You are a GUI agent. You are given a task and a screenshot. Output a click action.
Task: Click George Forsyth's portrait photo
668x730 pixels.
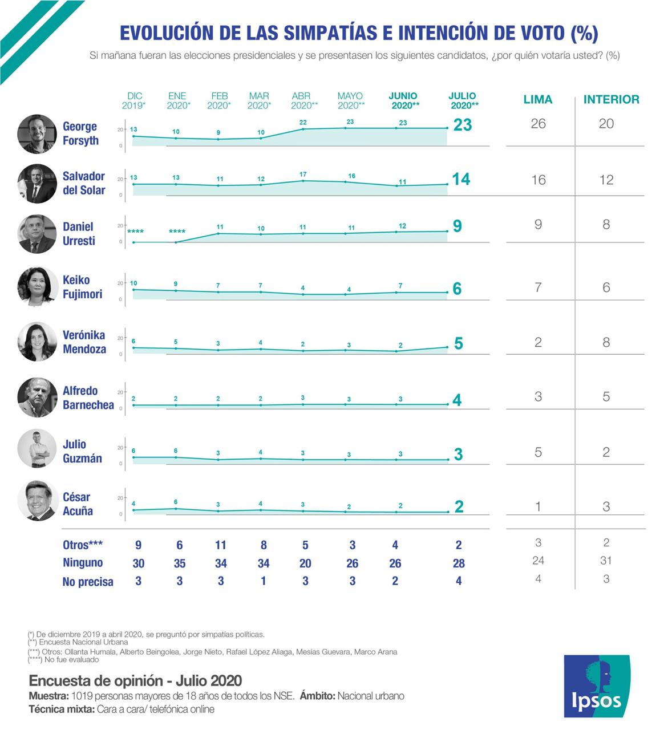38,133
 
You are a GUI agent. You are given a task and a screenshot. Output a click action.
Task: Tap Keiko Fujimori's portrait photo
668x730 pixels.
38,287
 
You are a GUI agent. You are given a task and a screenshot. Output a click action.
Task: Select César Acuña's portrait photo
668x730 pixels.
38,501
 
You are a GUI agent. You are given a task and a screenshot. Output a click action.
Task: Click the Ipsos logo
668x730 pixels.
597,686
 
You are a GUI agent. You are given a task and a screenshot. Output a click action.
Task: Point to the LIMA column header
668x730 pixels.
538,100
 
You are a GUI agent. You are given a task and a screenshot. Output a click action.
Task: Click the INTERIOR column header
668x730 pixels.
611,100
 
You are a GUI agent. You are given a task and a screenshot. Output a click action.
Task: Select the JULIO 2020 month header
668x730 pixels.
463,100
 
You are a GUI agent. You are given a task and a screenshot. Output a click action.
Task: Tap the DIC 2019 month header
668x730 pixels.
135,100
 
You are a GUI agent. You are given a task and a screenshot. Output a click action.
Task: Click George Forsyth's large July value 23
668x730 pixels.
462,125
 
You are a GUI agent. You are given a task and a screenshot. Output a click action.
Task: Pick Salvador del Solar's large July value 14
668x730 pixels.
461,179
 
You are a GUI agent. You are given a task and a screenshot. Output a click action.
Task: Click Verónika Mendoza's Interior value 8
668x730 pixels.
606,342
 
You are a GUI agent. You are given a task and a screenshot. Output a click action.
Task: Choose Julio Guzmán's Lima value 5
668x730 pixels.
538,452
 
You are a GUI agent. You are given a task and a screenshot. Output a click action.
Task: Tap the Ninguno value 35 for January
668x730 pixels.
180,563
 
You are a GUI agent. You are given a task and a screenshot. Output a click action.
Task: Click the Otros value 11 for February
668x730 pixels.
221,545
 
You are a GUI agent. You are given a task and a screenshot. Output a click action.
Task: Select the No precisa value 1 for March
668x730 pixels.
263,581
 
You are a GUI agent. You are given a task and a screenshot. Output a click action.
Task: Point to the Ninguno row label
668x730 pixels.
83,563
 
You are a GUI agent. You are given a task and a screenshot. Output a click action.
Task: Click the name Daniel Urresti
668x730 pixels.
79,234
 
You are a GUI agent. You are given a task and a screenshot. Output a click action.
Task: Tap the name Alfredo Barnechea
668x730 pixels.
88,398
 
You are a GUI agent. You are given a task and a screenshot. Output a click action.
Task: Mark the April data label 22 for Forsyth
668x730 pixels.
303,123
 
